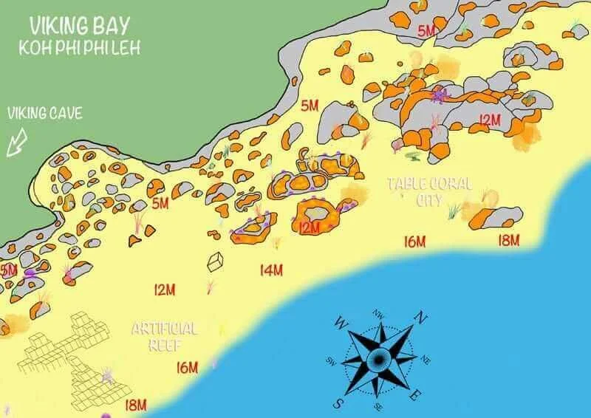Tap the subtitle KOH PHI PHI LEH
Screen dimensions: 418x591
coord(79,47)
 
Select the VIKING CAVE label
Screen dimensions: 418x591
coord(45,114)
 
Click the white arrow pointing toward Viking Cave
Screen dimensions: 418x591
coord(16,142)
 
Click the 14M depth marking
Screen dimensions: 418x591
coord(271,270)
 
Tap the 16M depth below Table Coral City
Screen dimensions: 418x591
coord(415,241)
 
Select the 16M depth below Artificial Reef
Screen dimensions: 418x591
coord(188,367)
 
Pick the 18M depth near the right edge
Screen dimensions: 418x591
coord(508,240)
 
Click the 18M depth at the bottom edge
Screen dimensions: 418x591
coord(135,405)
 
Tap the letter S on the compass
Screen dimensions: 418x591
coord(338,403)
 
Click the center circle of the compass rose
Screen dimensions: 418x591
coord(378,359)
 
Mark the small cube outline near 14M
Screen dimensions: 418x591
coord(215,261)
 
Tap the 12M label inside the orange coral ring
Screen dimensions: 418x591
coord(310,227)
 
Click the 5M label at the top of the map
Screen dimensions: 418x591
coord(427,31)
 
